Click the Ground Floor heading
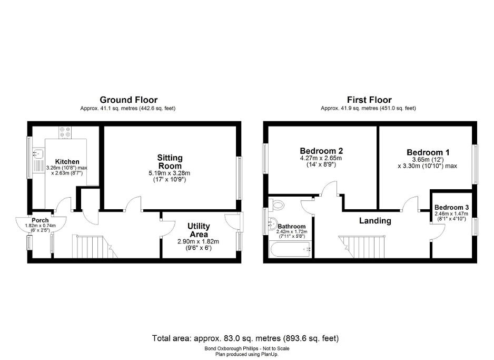(x=129, y=100)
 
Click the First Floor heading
(x=369, y=100)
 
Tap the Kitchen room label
(x=67, y=162)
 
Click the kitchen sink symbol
(x=37, y=154)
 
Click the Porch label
(x=40, y=220)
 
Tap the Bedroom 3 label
(x=451, y=208)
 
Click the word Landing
(x=375, y=221)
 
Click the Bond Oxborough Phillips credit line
(x=246, y=348)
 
